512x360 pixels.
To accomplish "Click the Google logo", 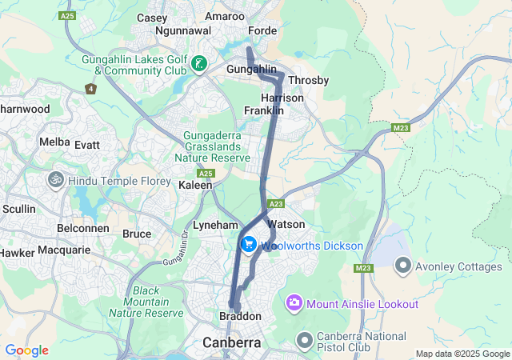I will pos(26,350).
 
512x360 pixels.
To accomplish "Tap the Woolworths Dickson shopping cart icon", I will pos(249,245).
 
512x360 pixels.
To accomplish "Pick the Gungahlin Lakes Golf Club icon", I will pos(199,63).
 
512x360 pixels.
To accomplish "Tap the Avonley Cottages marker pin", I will pos(402,264).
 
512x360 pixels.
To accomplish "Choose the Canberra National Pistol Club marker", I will pos(304,341).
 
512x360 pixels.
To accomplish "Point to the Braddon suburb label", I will pos(240,317).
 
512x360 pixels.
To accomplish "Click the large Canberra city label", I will pos(231,342).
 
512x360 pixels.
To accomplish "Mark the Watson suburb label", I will pos(286,224).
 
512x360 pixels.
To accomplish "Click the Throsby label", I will pos(308,81).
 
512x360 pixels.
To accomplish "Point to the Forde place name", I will pos(262,31).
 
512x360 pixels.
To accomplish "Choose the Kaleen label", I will pos(195,185).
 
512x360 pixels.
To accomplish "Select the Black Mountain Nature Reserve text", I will pos(146,302).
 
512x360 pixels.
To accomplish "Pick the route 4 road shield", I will pos(91,88).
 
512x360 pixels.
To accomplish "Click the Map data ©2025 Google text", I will pos(462,354).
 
